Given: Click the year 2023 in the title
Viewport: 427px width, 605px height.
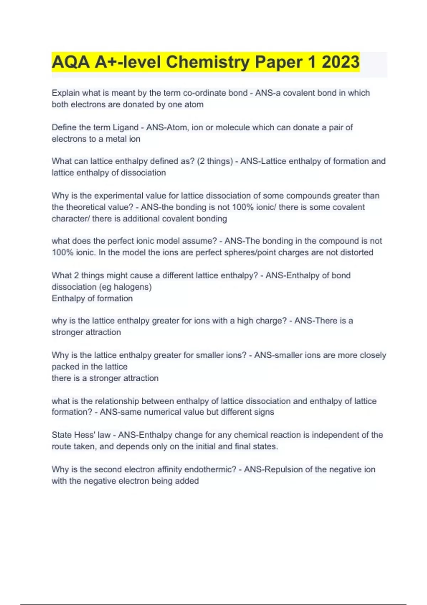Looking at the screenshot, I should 341,62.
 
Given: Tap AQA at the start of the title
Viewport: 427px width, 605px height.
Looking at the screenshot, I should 71,62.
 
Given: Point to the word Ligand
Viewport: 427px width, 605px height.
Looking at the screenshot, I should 125,127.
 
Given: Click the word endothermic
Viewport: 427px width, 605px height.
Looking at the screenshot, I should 210,469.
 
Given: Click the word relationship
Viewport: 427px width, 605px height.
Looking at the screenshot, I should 116,401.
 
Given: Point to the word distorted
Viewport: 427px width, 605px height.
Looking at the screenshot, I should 355,253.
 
